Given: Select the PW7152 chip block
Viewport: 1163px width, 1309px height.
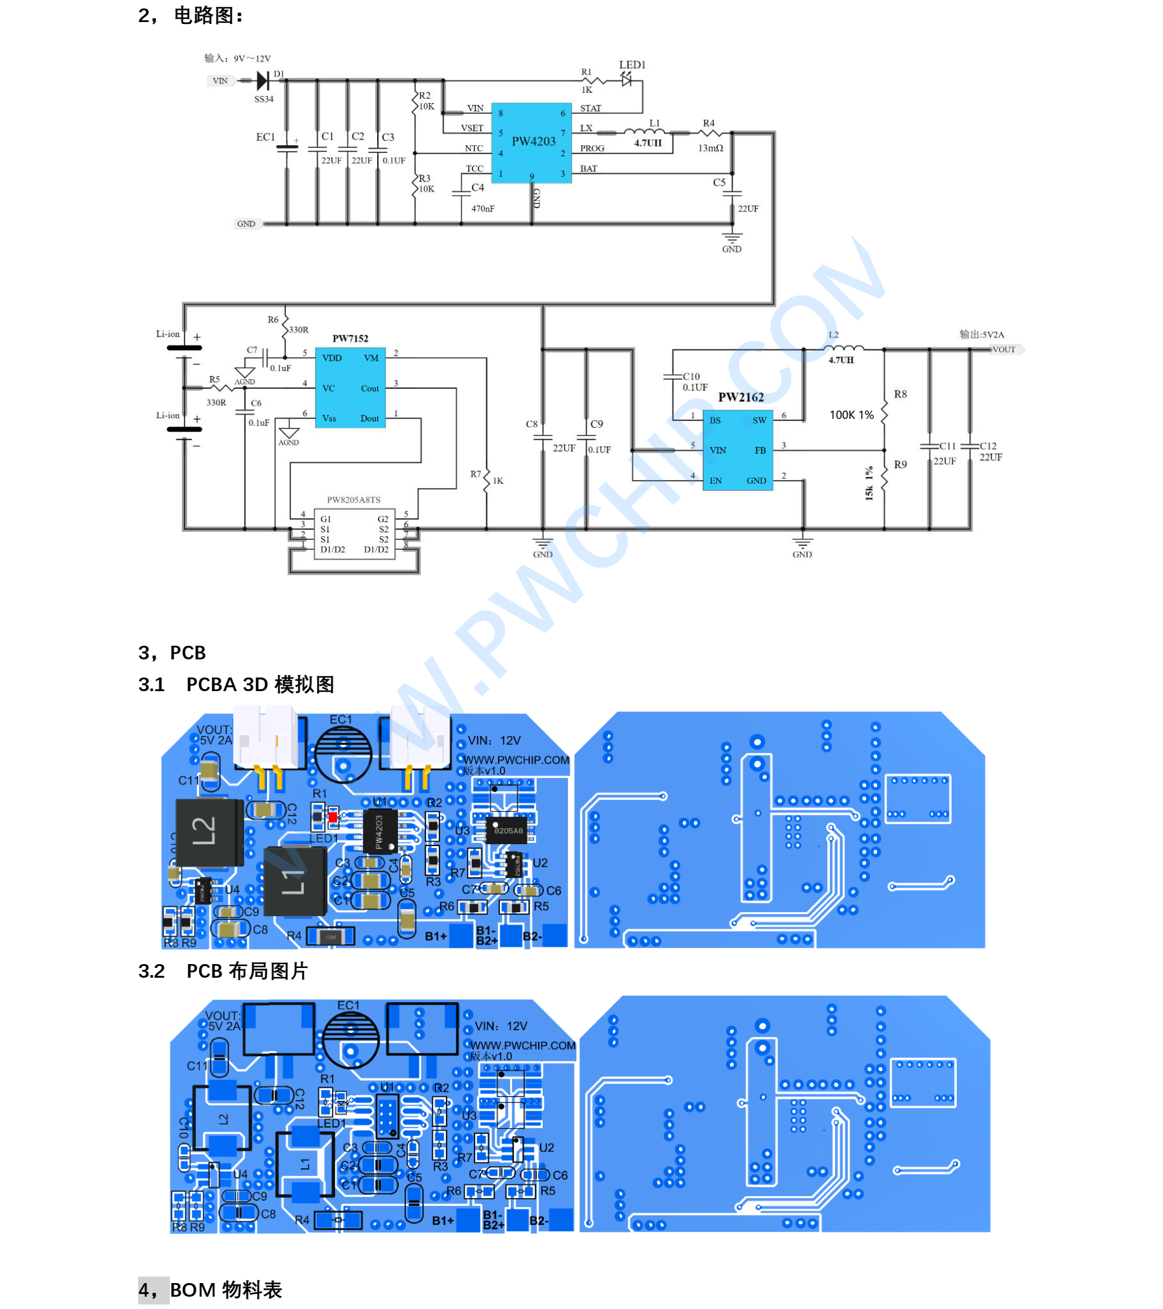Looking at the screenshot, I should click(x=349, y=387).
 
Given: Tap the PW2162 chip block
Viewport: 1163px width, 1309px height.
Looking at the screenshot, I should click(x=737, y=449).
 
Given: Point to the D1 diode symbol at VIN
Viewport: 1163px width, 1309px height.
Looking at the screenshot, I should click(x=263, y=80).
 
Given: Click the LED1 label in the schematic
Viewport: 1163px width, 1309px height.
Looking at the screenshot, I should click(x=631, y=65).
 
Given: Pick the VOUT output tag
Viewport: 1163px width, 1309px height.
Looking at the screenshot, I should click(x=1004, y=349).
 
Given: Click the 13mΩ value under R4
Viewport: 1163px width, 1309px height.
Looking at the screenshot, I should click(x=710, y=148).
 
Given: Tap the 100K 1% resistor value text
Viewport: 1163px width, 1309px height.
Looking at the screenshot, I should click(x=851, y=414).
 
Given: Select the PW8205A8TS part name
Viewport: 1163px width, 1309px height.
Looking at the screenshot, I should click(x=353, y=499).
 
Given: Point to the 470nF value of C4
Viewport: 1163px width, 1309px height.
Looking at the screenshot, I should click(x=482, y=209).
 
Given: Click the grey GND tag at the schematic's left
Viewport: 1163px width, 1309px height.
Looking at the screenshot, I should click(x=246, y=224).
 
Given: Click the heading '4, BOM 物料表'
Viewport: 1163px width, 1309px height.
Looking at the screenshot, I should click(x=210, y=1289).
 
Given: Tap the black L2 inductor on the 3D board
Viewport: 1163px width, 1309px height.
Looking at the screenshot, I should click(x=209, y=831).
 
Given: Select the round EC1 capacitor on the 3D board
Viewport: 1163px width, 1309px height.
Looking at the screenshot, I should click(x=342, y=753).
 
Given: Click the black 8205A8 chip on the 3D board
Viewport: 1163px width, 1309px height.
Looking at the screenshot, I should click(x=508, y=829).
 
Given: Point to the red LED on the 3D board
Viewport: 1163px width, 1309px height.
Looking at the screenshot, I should click(x=333, y=817).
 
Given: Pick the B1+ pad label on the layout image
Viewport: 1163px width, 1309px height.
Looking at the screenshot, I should click(x=443, y=1220).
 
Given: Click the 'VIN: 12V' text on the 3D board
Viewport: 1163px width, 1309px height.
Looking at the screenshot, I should click(x=494, y=740).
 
